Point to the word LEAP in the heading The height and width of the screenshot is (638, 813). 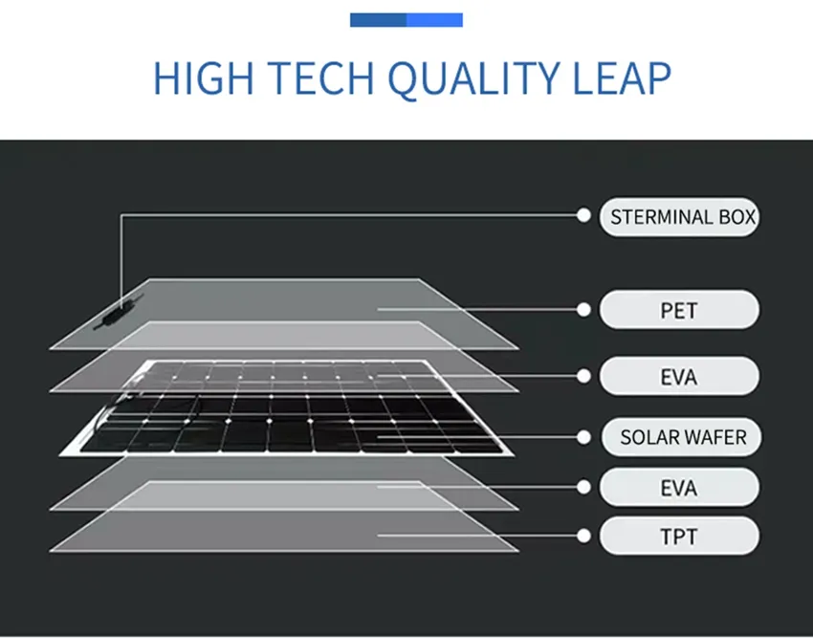pos(621,77)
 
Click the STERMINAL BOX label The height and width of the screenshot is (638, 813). pos(682,217)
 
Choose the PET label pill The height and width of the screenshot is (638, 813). pos(679,311)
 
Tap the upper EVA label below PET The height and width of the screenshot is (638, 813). pos(679,377)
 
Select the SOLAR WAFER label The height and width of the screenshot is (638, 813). pos(682,438)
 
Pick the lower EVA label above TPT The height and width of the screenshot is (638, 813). pos(679,489)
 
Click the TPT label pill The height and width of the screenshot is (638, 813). pos(679,537)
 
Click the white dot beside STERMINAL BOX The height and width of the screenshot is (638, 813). pos(583,216)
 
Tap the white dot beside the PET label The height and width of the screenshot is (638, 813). pos(583,309)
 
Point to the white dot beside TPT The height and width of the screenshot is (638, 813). pos(583,536)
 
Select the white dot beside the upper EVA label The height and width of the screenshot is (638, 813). pos(583,376)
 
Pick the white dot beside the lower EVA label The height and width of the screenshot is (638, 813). pos(583,487)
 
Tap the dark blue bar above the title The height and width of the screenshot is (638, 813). pos(379,20)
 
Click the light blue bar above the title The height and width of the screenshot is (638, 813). pos(435,20)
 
